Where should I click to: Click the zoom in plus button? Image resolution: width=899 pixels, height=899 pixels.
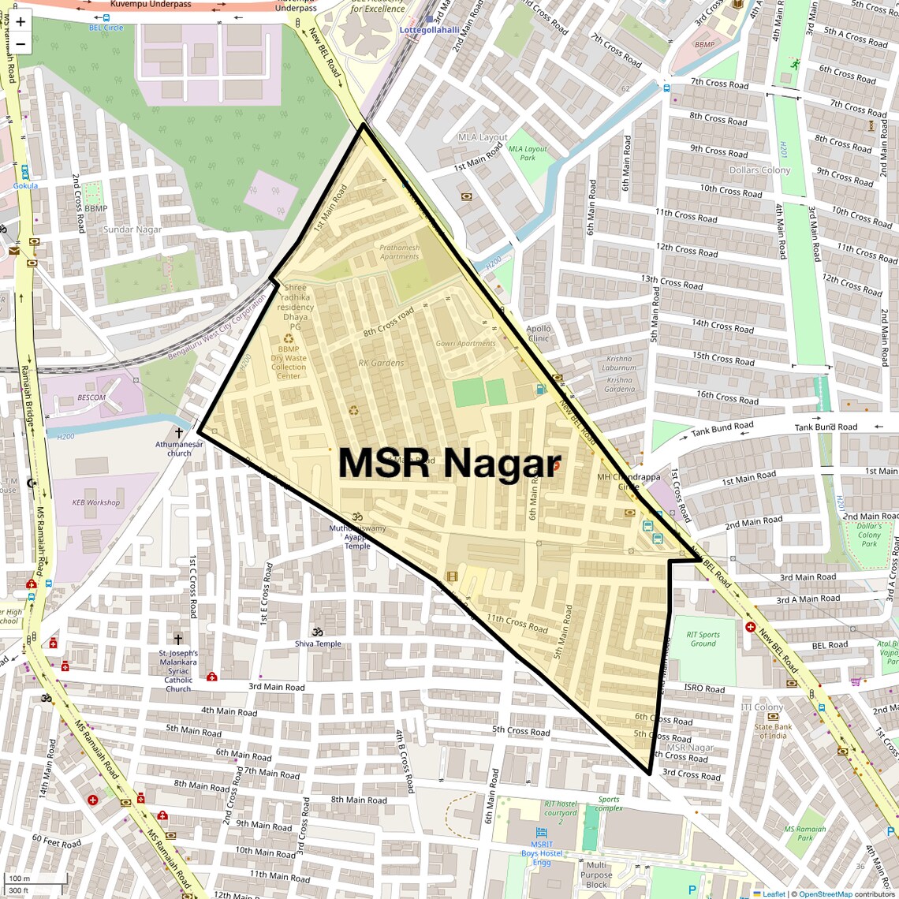(x=21, y=21)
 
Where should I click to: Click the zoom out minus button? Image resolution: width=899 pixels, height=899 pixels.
(x=21, y=43)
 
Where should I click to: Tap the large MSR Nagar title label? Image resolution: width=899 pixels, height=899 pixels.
(x=449, y=464)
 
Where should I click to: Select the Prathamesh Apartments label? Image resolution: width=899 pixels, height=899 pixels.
(x=400, y=252)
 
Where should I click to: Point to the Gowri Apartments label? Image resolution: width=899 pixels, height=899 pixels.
(x=465, y=344)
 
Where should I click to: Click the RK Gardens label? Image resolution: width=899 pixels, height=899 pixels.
(x=381, y=364)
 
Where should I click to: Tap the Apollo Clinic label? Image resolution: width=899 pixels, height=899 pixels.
(x=539, y=334)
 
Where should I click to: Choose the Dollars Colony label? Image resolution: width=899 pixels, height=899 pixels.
(x=759, y=170)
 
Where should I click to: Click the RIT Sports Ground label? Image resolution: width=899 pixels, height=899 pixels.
(x=703, y=639)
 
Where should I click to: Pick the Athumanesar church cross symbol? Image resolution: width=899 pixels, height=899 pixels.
(x=179, y=433)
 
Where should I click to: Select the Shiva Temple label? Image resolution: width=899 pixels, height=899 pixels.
(x=319, y=643)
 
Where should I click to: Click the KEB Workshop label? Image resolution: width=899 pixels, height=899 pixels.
(x=96, y=502)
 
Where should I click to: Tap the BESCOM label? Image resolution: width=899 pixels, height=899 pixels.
(x=91, y=397)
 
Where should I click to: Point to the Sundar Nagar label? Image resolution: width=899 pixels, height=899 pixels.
(x=132, y=230)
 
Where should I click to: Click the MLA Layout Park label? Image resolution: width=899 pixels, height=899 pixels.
(x=528, y=153)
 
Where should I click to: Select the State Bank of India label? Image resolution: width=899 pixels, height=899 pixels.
(x=773, y=732)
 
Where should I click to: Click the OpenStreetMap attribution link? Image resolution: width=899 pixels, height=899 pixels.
(x=825, y=893)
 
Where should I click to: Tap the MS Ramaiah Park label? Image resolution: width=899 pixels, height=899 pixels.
(x=804, y=833)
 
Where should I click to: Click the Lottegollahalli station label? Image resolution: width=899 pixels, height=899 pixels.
(x=430, y=30)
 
